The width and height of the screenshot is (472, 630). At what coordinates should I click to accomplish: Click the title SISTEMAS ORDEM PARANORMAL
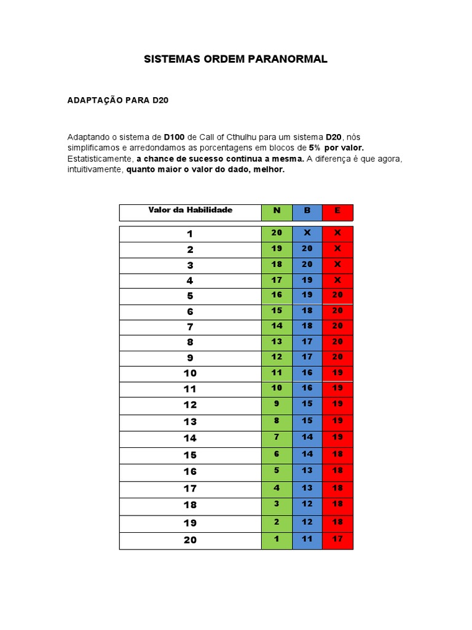click(235, 59)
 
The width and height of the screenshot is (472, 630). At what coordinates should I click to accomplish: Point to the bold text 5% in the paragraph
click(315, 148)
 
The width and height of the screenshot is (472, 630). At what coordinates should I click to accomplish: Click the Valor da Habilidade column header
click(191, 210)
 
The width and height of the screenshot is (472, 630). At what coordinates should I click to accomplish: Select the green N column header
click(277, 210)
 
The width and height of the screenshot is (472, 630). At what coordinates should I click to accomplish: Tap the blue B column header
click(307, 210)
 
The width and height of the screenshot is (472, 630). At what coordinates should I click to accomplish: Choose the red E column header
click(337, 210)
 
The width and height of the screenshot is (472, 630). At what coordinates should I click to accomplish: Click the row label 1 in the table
click(191, 234)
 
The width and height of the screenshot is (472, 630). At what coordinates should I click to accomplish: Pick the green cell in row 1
click(277, 233)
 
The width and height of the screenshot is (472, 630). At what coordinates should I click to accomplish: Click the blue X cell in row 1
click(307, 233)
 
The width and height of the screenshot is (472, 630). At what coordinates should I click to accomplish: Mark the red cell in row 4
click(337, 280)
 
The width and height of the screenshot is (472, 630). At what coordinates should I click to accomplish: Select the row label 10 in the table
click(191, 373)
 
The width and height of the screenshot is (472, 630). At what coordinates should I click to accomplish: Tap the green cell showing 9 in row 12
click(277, 404)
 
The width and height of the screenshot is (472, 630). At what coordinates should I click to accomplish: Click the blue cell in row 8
click(307, 341)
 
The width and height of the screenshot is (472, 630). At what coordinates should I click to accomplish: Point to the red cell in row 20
click(337, 539)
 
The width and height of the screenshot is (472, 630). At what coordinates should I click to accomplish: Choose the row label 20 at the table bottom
click(191, 540)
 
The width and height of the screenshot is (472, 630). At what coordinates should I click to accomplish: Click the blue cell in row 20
click(307, 539)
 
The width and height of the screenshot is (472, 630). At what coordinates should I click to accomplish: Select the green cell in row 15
click(277, 454)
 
